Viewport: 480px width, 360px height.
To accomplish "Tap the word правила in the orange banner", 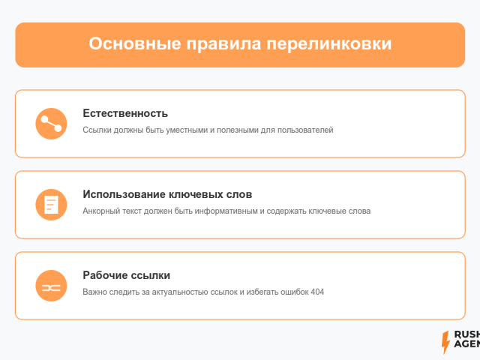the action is coord(223,44).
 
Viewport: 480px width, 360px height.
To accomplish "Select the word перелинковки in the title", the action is coord(329,44).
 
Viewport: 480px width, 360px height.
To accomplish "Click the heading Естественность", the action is coord(125,113).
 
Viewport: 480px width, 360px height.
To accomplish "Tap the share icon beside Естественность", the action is coord(51,124).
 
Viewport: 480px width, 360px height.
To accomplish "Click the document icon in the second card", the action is coord(51,205).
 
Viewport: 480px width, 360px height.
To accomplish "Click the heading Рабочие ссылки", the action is coord(127,275).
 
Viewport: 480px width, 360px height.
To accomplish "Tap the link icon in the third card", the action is coord(51,286).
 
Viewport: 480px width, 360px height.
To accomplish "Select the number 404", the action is coord(317,292).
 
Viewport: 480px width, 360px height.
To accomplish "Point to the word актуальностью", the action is coord(181,292).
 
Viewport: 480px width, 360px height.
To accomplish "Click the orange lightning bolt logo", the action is coord(445,342).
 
